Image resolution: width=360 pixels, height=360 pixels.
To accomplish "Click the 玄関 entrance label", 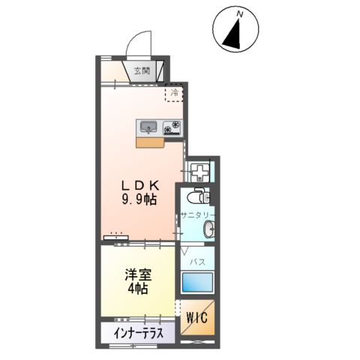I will click(142, 71).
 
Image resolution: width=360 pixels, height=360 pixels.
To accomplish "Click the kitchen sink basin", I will click(146, 126).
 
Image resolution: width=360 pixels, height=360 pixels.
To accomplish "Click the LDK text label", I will click(140, 186).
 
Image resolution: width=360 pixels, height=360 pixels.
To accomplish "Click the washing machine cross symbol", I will click(200, 172).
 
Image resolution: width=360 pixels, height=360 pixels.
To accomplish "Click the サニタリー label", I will click(197, 214).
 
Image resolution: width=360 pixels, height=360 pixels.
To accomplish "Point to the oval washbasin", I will click(211, 229).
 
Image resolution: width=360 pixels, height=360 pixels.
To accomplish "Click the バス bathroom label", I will click(198, 262).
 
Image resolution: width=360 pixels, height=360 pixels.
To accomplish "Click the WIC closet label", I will click(199, 316).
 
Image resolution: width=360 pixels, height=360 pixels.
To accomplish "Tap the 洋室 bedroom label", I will click(137, 274).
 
